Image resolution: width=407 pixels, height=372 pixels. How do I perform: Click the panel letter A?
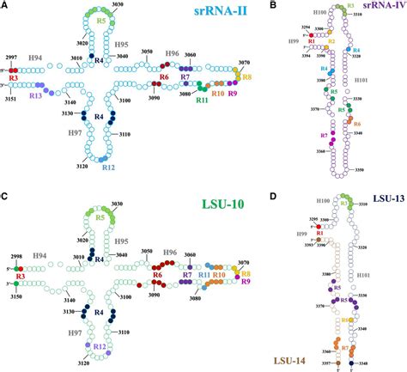pos(5,6)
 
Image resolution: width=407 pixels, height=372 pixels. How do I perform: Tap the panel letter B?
pos(273,6)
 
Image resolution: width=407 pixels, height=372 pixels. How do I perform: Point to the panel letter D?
pos(273,192)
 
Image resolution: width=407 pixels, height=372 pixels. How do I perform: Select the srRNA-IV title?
pos(379,7)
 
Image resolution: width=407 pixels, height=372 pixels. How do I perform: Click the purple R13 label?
pos(36,96)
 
